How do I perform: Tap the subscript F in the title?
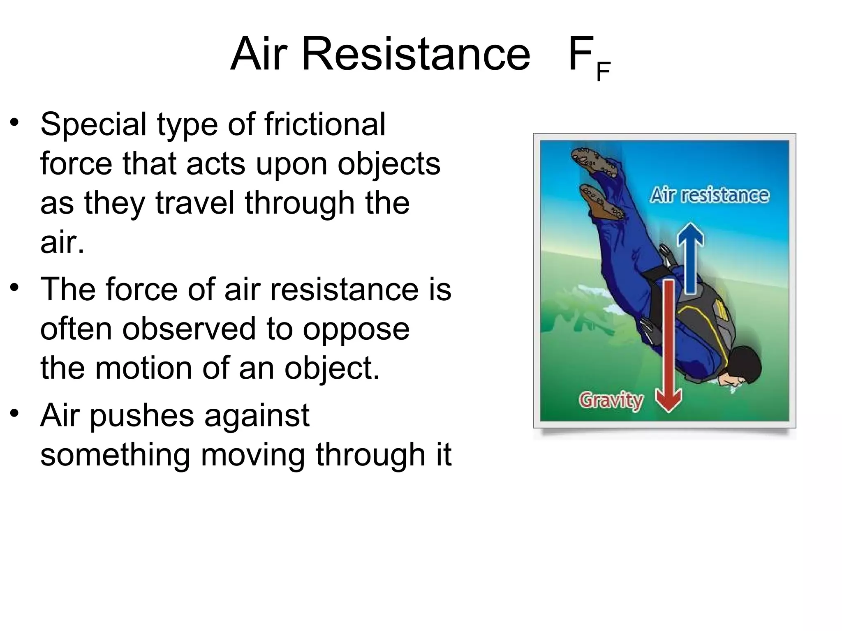603,72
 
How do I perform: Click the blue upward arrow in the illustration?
691,257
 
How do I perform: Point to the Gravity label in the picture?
611,400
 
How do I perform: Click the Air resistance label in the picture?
709,196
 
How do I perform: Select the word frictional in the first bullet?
325,124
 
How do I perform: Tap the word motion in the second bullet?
144,368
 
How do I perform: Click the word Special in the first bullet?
93,125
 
